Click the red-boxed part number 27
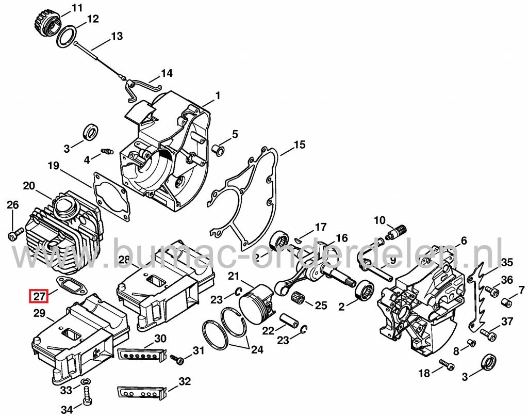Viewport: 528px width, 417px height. coord(39,297)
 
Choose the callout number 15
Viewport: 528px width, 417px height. coord(300,144)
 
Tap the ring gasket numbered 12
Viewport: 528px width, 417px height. coord(65,38)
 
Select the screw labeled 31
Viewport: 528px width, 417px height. coord(178,358)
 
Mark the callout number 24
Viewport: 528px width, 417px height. coord(256,350)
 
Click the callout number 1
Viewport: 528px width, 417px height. coord(218,95)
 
